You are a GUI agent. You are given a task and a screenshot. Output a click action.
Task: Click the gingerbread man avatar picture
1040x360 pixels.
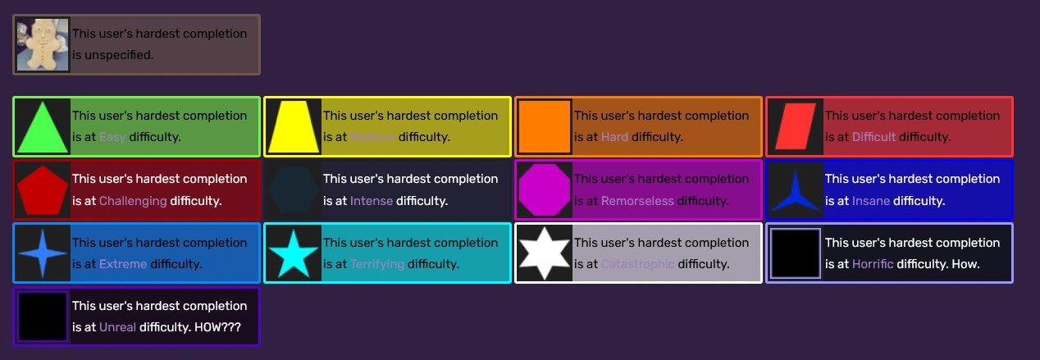click(43, 44)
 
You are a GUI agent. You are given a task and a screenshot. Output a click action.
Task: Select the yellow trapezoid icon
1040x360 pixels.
click(294, 127)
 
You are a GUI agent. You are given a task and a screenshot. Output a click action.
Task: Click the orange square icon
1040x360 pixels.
click(545, 126)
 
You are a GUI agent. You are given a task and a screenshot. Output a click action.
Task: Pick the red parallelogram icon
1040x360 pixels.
click(796, 126)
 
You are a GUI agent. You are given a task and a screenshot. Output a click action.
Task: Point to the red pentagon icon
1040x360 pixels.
click(43, 189)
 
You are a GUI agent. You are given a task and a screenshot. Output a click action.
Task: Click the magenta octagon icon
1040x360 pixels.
click(545, 189)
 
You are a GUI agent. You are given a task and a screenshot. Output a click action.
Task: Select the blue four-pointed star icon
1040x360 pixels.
click(43, 253)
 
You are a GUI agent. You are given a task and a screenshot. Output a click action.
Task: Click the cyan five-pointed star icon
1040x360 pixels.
click(294, 253)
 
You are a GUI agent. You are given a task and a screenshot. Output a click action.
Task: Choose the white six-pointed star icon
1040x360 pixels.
click(545, 253)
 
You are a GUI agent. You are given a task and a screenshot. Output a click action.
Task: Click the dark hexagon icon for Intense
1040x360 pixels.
click(294, 189)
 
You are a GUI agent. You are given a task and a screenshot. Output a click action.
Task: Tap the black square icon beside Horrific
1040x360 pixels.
click(796, 253)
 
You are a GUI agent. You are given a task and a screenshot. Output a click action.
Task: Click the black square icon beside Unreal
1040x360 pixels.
click(43, 317)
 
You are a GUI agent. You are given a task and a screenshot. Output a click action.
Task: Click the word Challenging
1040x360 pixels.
click(133, 201)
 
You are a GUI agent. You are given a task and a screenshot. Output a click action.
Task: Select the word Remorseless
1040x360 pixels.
click(637, 201)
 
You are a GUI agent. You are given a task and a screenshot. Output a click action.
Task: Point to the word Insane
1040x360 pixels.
click(870, 201)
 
